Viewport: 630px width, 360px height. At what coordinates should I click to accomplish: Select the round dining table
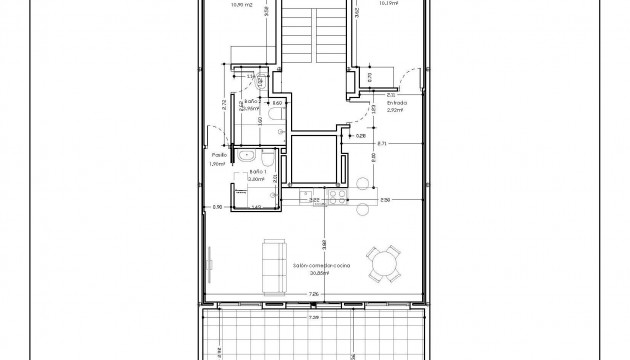[384, 265]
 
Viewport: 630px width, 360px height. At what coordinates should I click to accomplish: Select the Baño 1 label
[257, 172]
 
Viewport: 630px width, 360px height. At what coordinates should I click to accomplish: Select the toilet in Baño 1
[270, 160]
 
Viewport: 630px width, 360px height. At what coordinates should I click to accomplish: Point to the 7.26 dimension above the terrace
[314, 293]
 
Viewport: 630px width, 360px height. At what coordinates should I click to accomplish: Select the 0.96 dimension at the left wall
[215, 207]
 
